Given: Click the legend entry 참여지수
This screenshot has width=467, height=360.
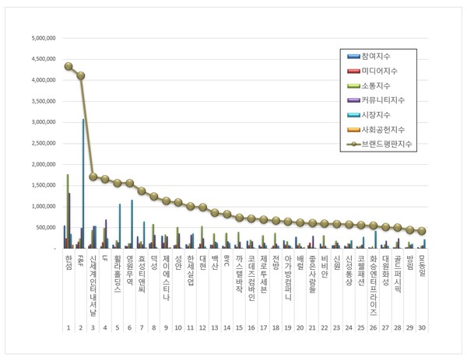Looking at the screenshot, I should tap(376, 57).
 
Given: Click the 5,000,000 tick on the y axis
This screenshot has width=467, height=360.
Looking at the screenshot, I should tap(41, 37).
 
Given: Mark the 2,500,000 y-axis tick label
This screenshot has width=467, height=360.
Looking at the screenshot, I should tap(41, 143).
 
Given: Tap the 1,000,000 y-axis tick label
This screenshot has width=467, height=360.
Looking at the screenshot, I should tap(41, 207).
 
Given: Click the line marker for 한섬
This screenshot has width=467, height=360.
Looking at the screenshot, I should tap(68, 66).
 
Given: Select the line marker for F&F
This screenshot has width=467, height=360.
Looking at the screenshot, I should tap(81, 75).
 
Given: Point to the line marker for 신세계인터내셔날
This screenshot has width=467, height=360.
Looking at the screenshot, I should tap(93, 177).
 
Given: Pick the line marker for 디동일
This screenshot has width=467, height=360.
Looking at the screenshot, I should tap(422, 231).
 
